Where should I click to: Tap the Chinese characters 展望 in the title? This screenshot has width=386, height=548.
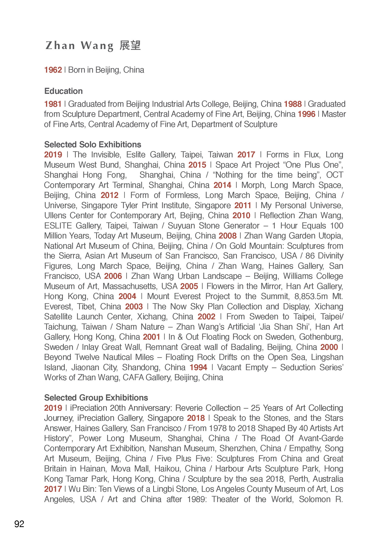pyautogui.click(x=130, y=46)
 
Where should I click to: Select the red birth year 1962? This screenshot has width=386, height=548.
pyautogui.click(x=53, y=70)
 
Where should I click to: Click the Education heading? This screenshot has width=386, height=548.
pyautogui.click(x=64, y=91)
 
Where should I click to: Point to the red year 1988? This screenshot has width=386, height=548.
pyautogui.click(x=293, y=104)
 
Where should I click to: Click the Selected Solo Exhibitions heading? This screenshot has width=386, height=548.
pyautogui.click(x=93, y=144)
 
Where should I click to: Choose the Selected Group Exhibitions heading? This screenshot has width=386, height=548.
pyautogui.click(x=96, y=398)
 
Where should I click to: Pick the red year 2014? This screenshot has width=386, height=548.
pyautogui.click(x=222, y=185)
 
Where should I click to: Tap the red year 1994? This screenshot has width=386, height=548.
pyautogui.click(x=198, y=367)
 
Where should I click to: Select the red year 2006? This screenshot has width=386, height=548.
pyautogui.click(x=113, y=276)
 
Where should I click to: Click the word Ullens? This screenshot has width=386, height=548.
pyautogui.click(x=54, y=216)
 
